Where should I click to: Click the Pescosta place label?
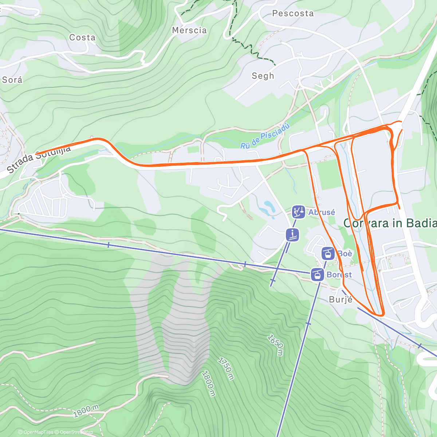pos(293,13)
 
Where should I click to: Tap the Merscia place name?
pos(189,30)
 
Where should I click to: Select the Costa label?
pos(82,38)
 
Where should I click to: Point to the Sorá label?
pos(12,80)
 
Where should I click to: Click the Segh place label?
pos(263,76)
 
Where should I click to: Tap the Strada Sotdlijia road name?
pos(38,159)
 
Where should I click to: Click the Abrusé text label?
pos(322,212)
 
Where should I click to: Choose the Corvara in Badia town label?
pos(390,223)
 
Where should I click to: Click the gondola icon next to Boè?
pos(328,253)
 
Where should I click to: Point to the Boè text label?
pos(345,253)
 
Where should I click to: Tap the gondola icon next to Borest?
pos(318,274)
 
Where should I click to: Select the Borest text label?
pos(339,275)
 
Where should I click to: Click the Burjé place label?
pos(340,299)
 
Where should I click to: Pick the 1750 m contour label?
pos(225,368)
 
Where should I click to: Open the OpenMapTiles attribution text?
pos(36,432)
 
